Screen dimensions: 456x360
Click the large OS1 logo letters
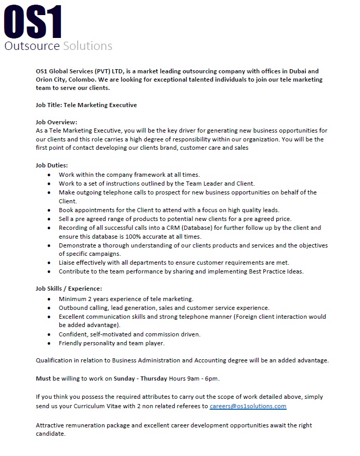click(33, 22)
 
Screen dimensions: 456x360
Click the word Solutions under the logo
click(87, 46)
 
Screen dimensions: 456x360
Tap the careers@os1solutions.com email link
click(248, 406)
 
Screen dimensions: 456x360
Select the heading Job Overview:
click(56, 122)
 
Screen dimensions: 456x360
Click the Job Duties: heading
click(52, 165)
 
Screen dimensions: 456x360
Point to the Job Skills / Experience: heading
click(69, 288)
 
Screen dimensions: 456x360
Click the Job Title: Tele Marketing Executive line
click(86, 105)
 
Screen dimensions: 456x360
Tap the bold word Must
click(43, 378)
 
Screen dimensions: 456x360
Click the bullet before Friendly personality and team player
click(49, 343)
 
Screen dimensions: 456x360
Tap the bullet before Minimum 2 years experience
click(49, 299)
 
